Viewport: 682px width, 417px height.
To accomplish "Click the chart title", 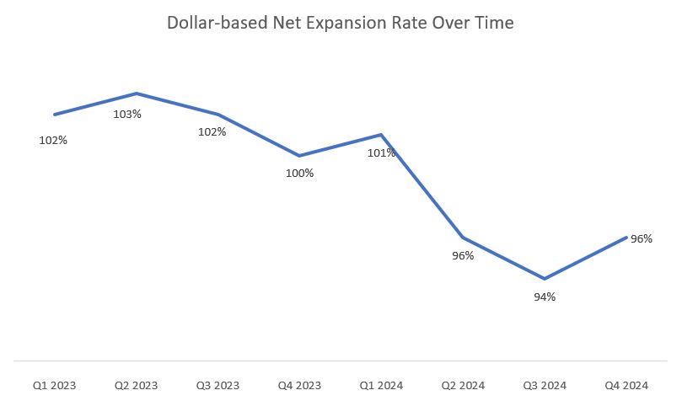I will pos(341,24).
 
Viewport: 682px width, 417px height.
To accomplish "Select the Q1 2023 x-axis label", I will pos(55,386).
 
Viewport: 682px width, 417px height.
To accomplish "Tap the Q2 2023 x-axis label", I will pos(137,386).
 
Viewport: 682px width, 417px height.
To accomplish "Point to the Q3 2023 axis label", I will pos(217,386).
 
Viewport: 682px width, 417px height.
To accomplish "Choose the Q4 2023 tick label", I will pos(299,386).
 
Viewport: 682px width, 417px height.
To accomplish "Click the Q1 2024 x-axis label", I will pos(382,386).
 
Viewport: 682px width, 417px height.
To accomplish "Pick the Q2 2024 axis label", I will pos(464,386).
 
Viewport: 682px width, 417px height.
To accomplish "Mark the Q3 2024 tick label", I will pos(545,386).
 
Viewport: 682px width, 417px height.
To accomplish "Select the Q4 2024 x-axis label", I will pos(626,386).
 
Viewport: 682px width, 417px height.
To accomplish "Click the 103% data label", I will pos(127,114).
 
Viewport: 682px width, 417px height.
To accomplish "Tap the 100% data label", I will pos(299,174).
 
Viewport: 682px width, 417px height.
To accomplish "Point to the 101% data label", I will pos(381,153).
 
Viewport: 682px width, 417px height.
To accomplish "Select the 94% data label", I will pos(545,297).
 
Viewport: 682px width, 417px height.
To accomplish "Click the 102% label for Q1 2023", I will pos(53,141).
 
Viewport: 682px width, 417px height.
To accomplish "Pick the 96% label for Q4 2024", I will pos(642,239).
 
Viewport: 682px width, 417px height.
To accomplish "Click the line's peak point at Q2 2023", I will pos(137,94).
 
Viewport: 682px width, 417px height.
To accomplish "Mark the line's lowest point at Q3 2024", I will pos(545,279).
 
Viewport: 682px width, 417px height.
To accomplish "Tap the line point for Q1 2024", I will pos(381,135).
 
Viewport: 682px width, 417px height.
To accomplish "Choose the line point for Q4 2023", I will pos(299,156).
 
